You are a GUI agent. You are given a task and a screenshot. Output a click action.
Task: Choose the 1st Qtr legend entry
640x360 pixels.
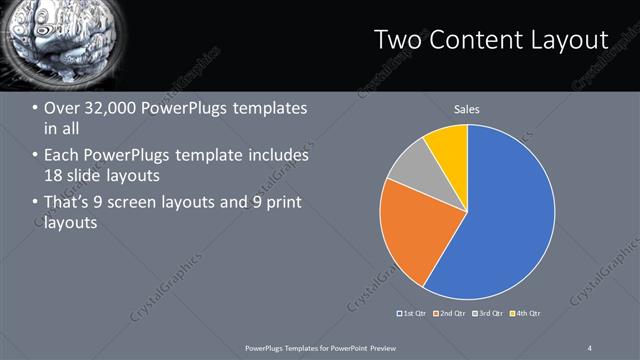point(413,314)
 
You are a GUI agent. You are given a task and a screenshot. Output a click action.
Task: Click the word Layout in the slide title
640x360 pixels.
point(570,39)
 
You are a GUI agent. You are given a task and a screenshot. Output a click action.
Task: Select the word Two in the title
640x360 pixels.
point(398,39)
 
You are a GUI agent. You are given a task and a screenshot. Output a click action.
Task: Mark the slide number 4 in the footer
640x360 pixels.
point(590,347)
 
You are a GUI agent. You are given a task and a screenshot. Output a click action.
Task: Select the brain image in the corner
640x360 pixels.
point(45,40)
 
